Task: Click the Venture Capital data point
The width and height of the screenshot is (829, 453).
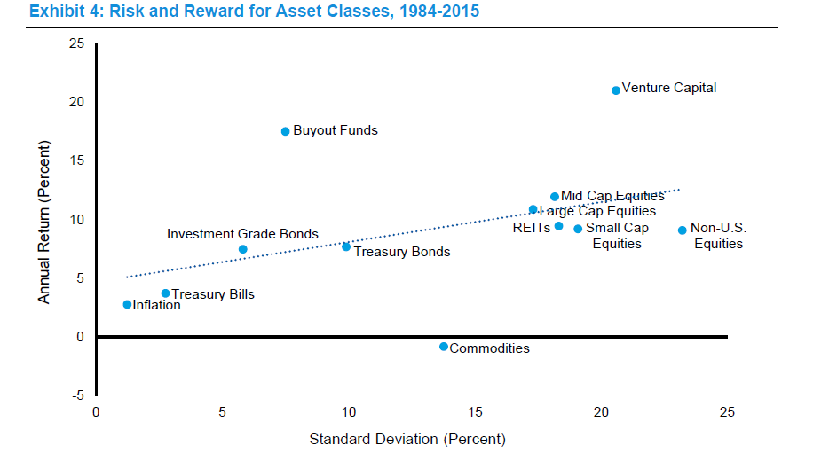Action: tap(616, 90)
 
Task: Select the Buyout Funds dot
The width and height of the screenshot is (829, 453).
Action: tap(285, 131)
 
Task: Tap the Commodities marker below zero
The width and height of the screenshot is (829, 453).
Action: tap(444, 347)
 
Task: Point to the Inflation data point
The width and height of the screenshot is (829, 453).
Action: tap(127, 304)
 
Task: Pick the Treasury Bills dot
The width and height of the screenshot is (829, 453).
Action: tap(165, 293)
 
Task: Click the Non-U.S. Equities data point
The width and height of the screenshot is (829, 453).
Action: tap(683, 230)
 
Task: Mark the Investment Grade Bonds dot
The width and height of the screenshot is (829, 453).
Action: tap(243, 249)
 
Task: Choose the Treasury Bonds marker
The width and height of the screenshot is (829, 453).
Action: tap(346, 246)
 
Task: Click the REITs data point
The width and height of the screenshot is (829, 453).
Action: tap(558, 226)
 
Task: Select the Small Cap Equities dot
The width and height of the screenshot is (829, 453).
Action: tap(578, 229)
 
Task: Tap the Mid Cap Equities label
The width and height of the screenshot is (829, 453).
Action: tap(612, 196)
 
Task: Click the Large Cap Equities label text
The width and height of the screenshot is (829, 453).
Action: tap(597, 211)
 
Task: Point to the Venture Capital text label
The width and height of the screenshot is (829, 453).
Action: tap(669, 88)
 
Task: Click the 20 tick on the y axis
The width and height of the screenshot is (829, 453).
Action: tap(77, 102)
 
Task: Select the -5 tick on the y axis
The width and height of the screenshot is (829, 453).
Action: tap(79, 395)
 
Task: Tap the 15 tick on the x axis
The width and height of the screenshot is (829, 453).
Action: tap(475, 412)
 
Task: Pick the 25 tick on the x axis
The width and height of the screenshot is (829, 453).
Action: tap(727, 412)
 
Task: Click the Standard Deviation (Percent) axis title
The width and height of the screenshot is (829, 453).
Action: tap(407, 439)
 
